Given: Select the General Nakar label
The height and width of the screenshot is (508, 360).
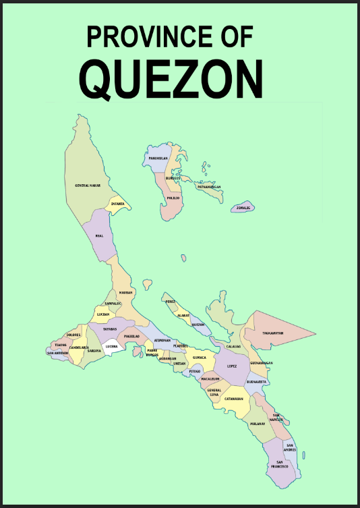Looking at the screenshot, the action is tap(88, 185).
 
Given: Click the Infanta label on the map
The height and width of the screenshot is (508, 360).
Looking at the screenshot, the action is tap(118, 203).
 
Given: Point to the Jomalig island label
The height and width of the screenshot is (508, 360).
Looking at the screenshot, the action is tap(243, 208).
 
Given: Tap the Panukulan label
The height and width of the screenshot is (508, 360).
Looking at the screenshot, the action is tap(158, 159).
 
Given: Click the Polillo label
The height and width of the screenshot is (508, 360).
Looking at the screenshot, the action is tap(173, 198).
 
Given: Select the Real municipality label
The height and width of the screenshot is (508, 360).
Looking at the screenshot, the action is tap(99, 236).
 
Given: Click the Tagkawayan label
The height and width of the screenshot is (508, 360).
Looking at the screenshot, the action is tap(272, 333).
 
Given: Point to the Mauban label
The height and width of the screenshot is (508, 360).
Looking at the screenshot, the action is tap(125, 293).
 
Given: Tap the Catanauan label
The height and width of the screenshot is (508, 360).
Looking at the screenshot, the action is tap(233, 399).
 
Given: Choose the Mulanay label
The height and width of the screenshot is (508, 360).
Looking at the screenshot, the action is tap(258, 424).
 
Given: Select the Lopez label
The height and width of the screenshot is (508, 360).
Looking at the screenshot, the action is tap(232, 366).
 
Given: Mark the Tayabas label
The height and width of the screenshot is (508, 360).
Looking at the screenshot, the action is tap(110, 329).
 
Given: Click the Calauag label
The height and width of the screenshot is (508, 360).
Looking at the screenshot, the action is tap(233, 346).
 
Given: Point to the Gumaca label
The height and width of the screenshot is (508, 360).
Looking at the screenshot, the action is tap(200, 358).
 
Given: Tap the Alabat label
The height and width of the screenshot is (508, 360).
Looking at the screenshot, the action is tap(183, 315).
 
